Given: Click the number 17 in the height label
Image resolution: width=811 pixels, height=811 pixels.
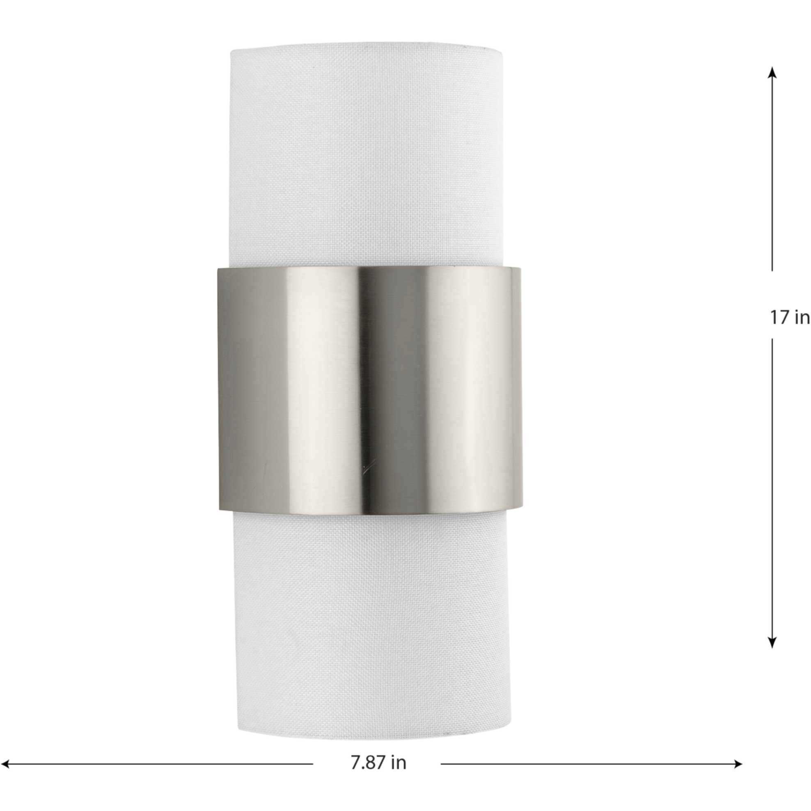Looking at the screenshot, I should [779, 318].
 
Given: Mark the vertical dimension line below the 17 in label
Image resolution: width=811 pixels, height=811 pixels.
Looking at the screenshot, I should [772, 483].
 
